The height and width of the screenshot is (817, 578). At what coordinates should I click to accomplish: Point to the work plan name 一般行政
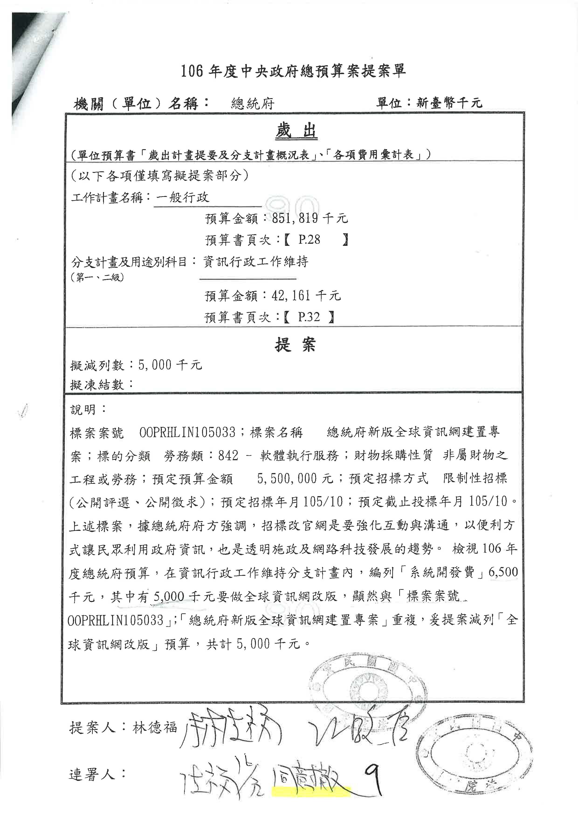183,197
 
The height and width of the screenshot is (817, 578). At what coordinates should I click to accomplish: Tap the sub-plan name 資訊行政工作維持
255,262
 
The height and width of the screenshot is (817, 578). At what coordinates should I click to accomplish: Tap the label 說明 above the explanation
84,410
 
